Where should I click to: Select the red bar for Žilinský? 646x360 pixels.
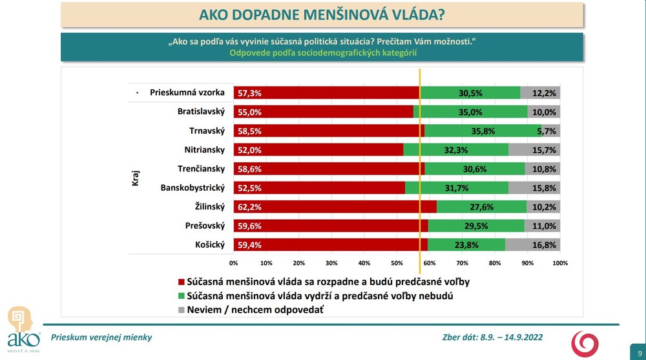[335, 207]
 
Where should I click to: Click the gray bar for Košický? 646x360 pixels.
[532, 245]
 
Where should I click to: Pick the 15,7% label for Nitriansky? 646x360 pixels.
[544, 150]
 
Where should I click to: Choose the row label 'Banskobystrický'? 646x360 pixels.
[192, 188]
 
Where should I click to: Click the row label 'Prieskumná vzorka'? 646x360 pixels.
[187, 92]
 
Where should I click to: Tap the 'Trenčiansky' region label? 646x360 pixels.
[201, 169]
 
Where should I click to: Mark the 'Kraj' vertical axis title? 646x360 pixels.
[136, 178]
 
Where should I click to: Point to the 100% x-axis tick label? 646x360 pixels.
[560, 263]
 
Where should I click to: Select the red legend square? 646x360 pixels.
[181, 282]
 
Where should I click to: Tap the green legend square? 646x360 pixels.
[181, 297]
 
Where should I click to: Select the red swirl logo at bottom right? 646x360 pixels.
[587, 343]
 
